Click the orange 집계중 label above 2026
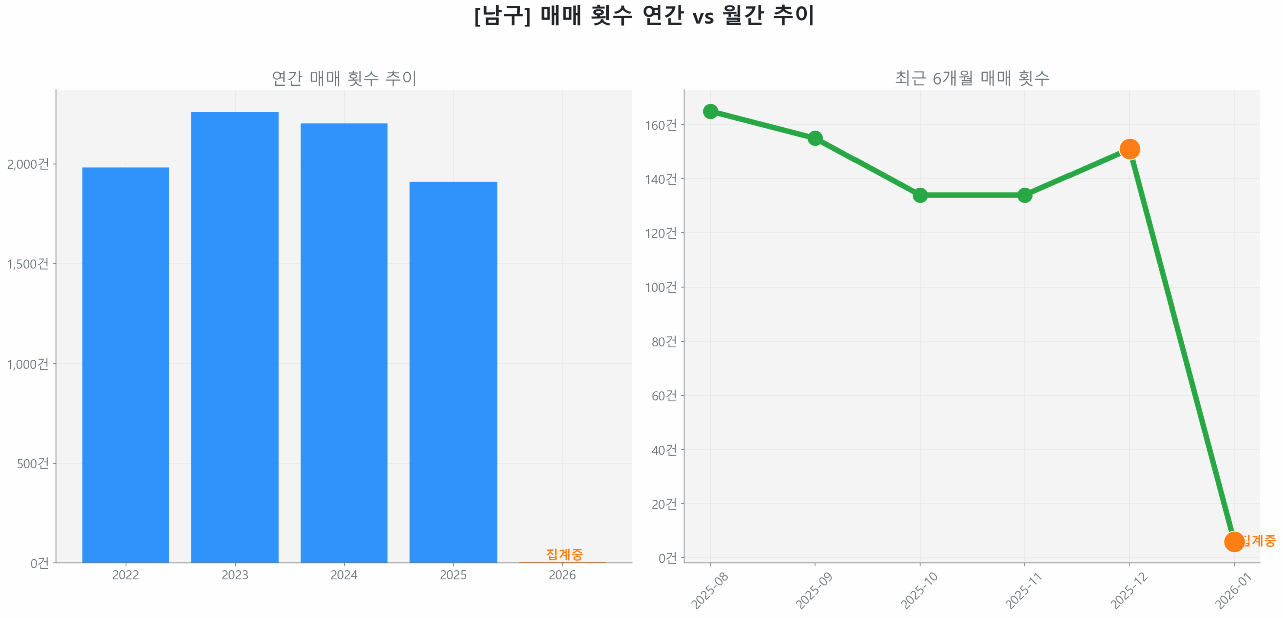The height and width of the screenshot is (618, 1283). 564,554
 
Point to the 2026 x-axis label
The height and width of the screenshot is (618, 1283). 562,574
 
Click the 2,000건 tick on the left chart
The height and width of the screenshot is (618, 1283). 28,164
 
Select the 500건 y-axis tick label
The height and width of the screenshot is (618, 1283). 33,463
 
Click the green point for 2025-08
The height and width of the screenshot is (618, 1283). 710,111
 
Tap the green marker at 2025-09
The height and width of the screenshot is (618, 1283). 815,138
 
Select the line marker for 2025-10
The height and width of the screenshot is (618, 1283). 920,195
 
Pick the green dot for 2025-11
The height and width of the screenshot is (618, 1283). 1024,195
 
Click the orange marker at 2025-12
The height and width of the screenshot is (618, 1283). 1129,149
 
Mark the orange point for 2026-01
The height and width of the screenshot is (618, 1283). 1234,541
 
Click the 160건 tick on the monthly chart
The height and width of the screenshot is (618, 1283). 661,125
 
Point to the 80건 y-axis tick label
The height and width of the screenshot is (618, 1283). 664,342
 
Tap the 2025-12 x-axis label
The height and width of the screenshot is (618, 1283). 1129,591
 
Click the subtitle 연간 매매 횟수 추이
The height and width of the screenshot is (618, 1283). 344,78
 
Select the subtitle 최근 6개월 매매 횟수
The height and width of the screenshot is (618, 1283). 972,78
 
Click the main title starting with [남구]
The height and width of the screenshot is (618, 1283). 644,15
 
